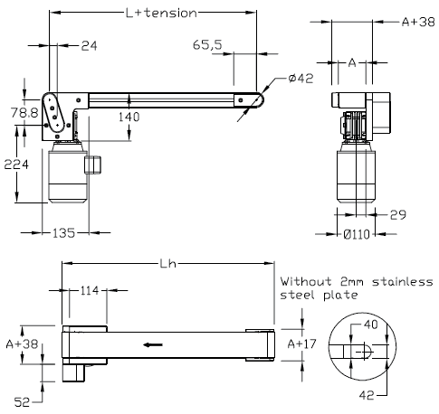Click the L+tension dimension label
[161, 13]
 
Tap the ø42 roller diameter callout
[300, 80]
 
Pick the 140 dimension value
[129, 118]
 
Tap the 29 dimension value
[396, 216]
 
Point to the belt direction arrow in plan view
[153, 344]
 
